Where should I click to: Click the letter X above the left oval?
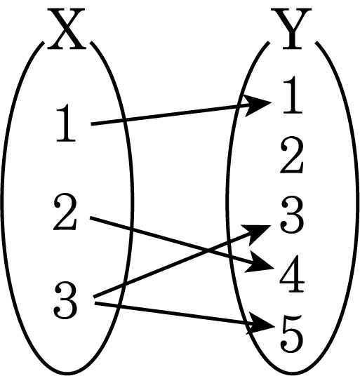[x=66, y=29]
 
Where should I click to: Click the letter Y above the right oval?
[x=292, y=29]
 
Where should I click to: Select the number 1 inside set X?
[x=66, y=123]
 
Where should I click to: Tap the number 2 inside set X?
[x=65, y=213]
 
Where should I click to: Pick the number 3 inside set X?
[x=65, y=300]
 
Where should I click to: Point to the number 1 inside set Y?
[x=293, y=95]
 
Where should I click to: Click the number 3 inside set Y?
[x=292, y=215]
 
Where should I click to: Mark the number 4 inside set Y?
[x=292, y=274]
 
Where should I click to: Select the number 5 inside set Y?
[x=292, y=334]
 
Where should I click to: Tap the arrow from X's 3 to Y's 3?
[x=182, y=261]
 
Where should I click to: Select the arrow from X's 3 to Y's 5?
[x=185, y=314]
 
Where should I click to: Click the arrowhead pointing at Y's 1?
[x=258, y=105]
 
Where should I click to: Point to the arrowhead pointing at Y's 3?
[x=258, y=233]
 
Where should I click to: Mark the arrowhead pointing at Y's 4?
[x=260, y=263]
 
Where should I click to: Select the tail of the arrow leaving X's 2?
[x=91, y=217]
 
